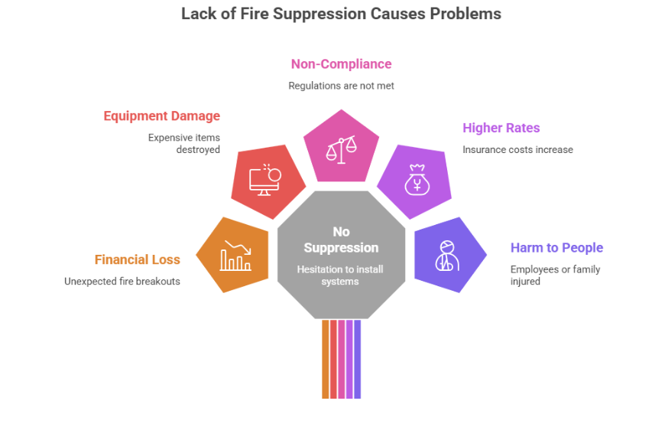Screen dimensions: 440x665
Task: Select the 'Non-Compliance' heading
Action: [x=341, y=64]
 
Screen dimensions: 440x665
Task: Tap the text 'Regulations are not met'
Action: [x=341, y=86]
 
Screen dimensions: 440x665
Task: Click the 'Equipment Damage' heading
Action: [x=162, y=116]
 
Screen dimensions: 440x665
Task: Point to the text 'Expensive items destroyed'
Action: [x=184, y=144]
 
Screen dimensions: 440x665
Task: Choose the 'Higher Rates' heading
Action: [x=501, y=128]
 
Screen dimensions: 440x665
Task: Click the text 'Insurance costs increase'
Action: [x=517, y=149]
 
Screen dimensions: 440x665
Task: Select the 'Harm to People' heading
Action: [x=556, y=247]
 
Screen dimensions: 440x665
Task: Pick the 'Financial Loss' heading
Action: [x=138, y=259]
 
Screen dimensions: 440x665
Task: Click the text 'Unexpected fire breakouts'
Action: [x=122, y=281]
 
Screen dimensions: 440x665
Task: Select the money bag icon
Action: [x=417, y=181]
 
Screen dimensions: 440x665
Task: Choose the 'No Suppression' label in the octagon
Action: [x=341, y=240]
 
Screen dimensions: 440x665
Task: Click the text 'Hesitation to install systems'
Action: [x=341, y=275]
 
